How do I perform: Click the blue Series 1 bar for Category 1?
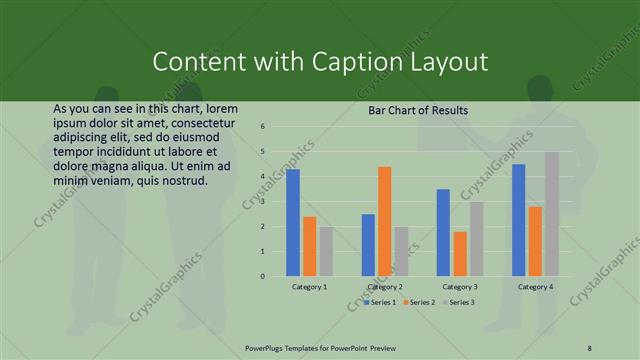[293, 222]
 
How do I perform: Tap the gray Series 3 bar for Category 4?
[551, 214]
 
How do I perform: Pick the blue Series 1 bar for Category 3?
[443, 232]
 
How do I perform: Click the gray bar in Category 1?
[326, 251]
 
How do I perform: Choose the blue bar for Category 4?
[518, 220]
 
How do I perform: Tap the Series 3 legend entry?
[461, 301]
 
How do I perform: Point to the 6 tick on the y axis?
[262, 127]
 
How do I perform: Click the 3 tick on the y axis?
[262, 201]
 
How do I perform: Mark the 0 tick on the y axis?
[262, 276]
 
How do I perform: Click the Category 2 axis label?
[385, 287]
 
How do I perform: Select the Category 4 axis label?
[535, 287]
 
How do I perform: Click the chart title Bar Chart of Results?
[418, 110]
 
